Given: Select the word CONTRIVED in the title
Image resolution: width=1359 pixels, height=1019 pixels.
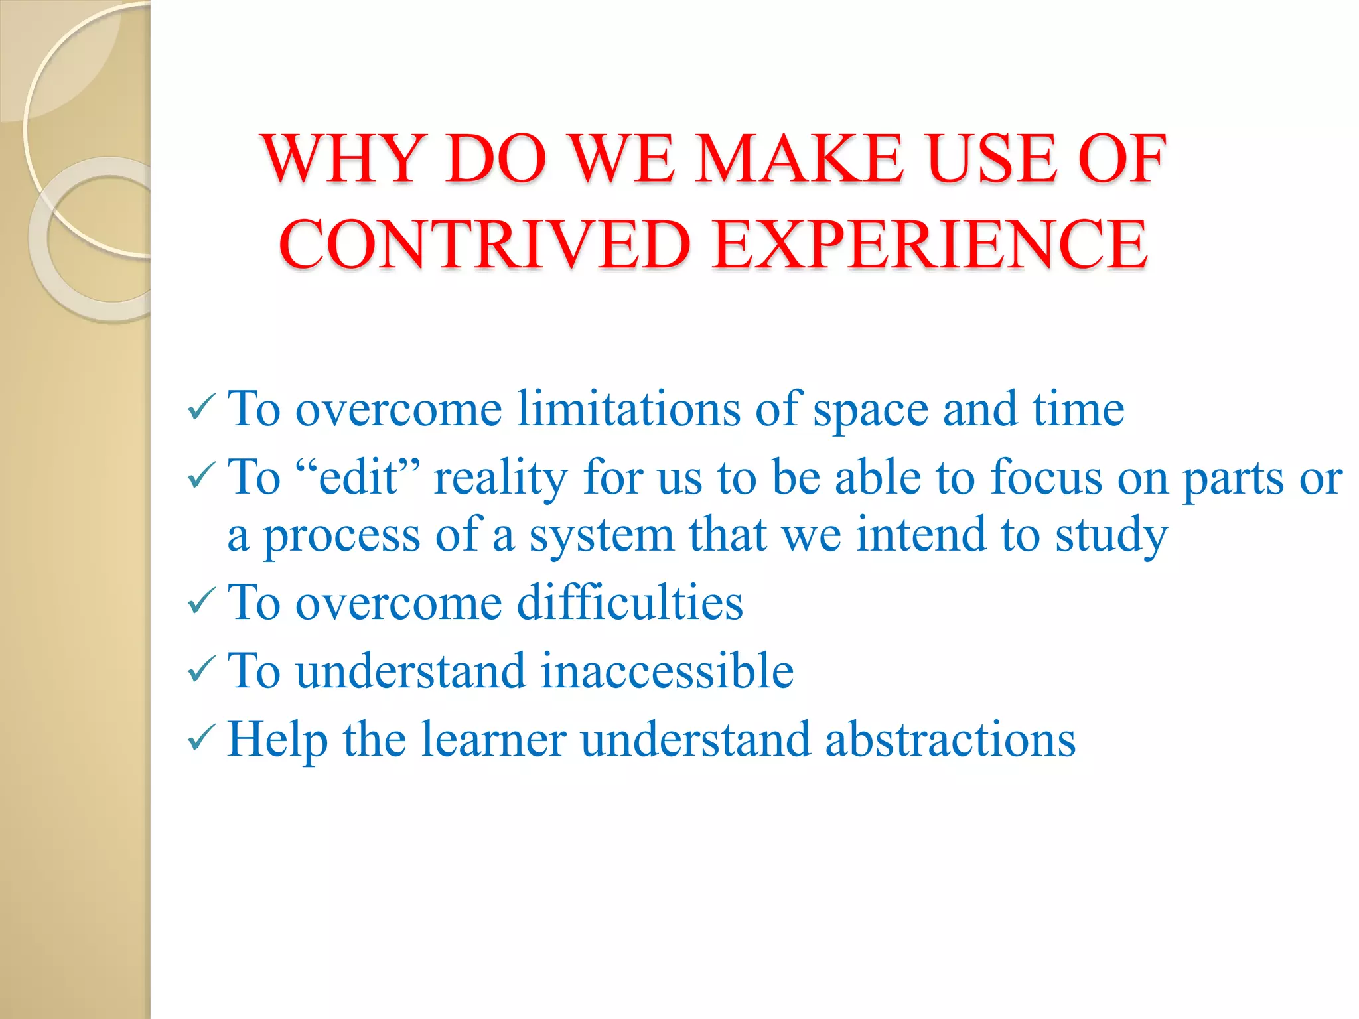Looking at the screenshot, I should (485, 245).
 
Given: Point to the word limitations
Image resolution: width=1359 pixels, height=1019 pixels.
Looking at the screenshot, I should (628, 409).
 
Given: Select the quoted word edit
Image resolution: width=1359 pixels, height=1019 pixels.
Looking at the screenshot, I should (358, 477).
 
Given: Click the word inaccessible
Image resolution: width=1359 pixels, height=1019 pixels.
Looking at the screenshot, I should (667, 671).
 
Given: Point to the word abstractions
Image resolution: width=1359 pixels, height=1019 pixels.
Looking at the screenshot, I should (950, 739).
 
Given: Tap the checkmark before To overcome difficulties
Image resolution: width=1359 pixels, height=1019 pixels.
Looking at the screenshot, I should (201, 601).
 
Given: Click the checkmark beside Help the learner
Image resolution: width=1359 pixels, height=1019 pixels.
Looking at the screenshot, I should (201, 737).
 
